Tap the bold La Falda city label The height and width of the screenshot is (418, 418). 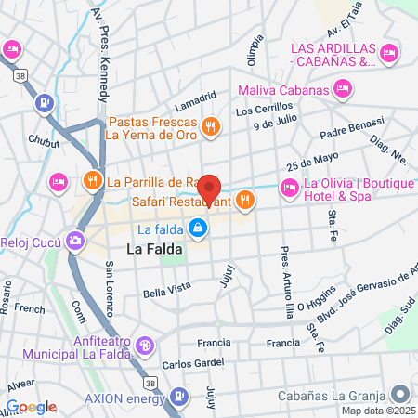154,249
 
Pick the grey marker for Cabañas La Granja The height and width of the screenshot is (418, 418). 398,393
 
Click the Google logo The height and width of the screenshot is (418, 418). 31,407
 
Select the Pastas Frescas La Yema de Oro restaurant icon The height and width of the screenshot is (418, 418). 211,126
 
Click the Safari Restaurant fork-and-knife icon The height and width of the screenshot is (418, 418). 245,199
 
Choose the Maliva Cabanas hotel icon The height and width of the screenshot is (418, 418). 344,90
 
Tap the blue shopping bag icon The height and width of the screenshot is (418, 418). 197,229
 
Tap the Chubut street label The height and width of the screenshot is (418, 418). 44,142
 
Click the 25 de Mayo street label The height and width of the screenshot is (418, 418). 309,159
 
